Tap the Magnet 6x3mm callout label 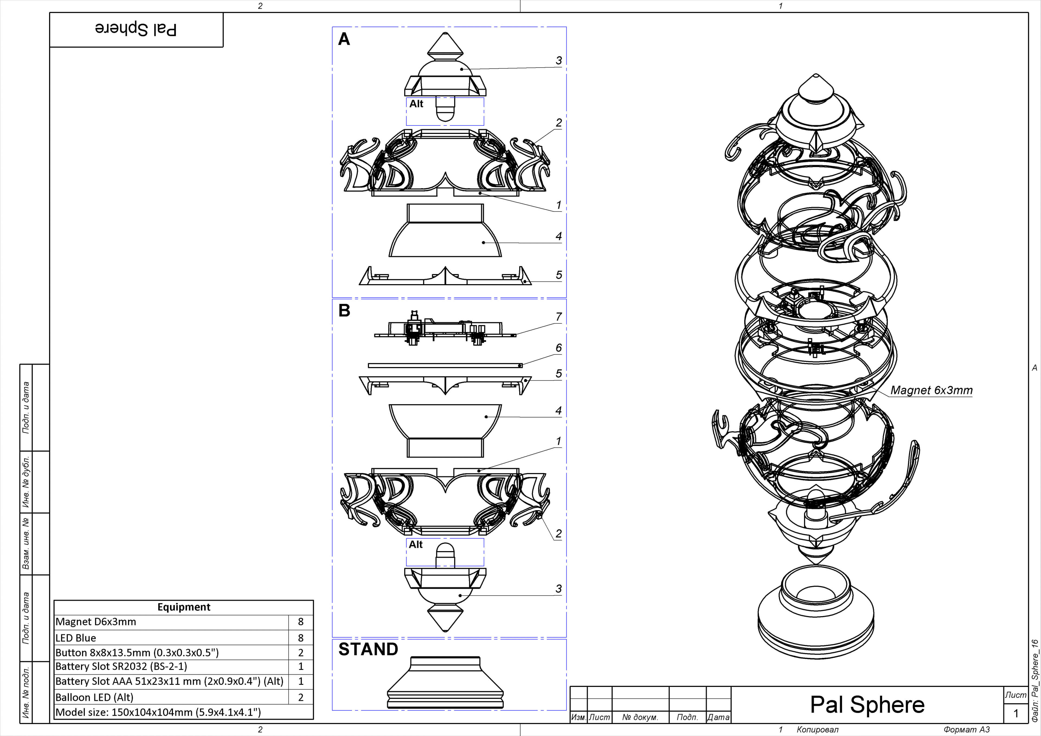[x=931, y=390]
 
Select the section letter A [x=344, y=40]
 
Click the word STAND [x=368, y=649]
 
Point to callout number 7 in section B [x=558, y=317]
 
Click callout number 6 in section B [x=558, y=348]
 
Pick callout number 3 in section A [x=558, y=60]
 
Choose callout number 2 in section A [x=558, y=123]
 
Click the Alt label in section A [x=416, y=104]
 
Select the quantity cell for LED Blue [x=301, y=638]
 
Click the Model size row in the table [x=158, y=712]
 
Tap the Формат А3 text [x=966, y=730]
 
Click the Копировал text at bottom [x=817, y=730]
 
